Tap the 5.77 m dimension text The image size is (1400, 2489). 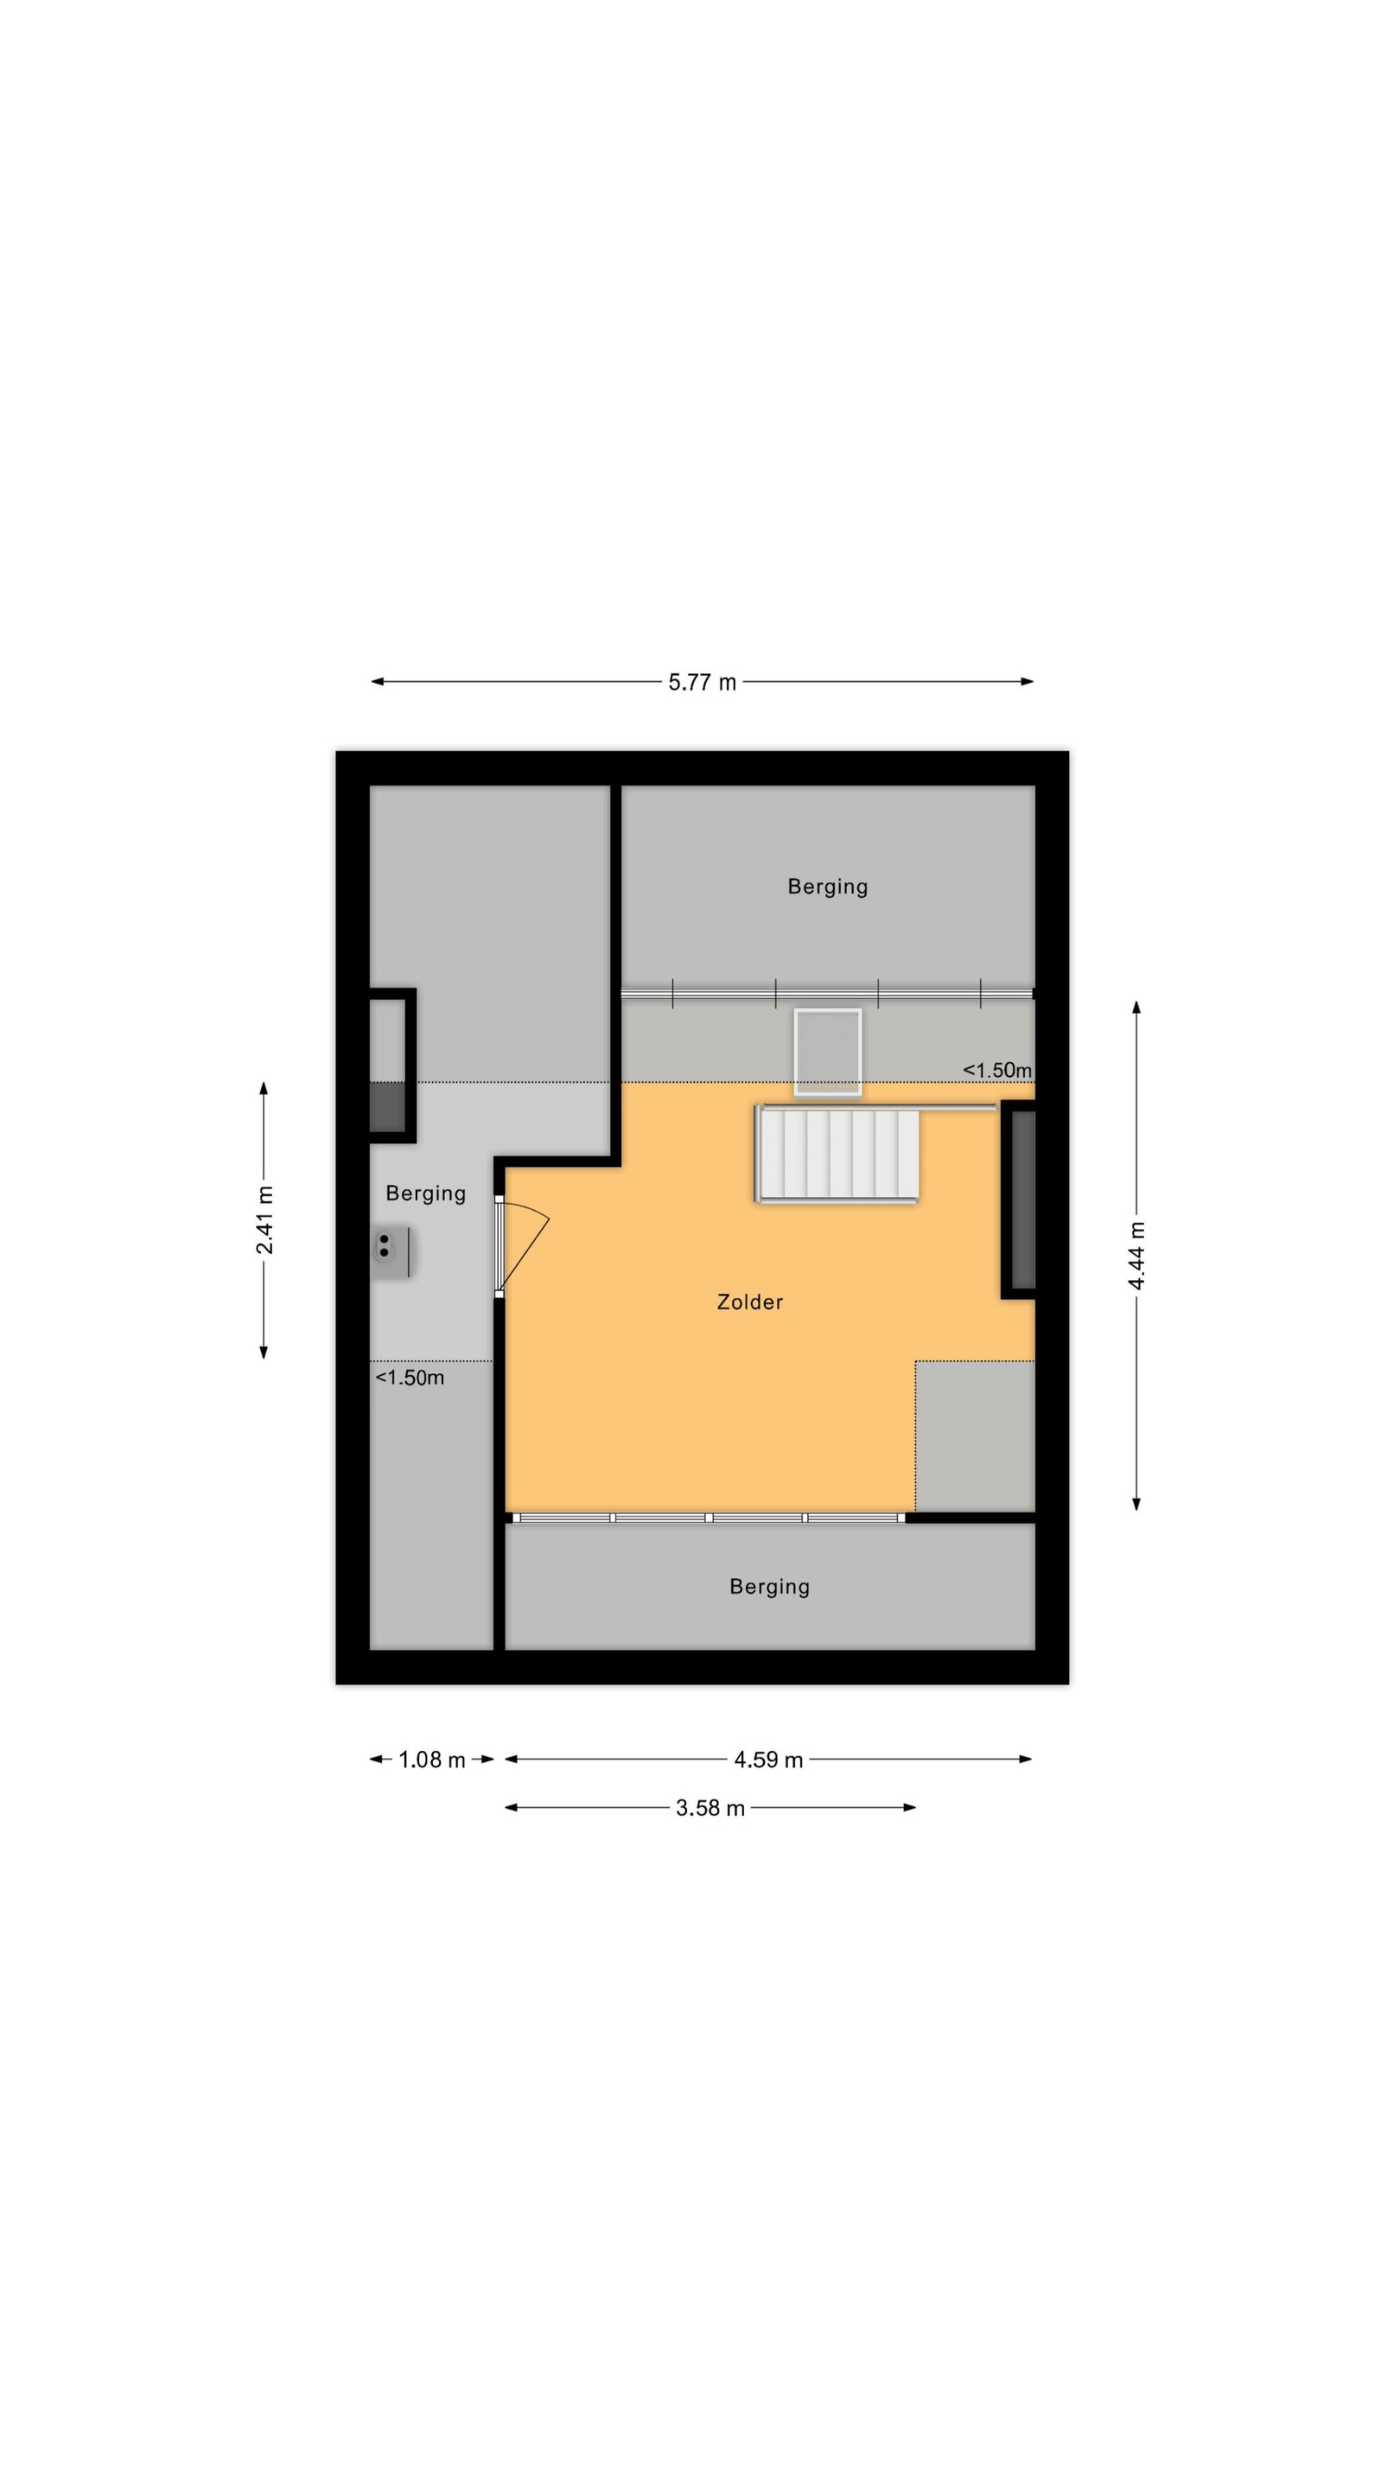(703, 682)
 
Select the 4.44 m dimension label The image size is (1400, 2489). (1136, 1255)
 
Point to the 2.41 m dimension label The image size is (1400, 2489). (264, 1219)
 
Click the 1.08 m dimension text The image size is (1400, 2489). (432, 1760)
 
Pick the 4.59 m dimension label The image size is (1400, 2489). (768, 1760)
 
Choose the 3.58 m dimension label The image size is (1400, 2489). (710, 1808)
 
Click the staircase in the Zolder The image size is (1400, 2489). (837, 1154)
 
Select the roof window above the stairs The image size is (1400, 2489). (827, 1053)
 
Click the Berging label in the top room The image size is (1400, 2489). (827, 886)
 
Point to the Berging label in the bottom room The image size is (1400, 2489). (769, 1587)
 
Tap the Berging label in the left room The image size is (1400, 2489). (425, 1194)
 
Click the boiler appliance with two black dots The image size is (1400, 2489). (391, 1252)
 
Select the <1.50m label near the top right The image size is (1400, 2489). (996, 1070)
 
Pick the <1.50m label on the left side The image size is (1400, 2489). (410, 1378)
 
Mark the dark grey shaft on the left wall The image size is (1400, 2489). (387, 1107)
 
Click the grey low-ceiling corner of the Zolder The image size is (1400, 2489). (975, 1435)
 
